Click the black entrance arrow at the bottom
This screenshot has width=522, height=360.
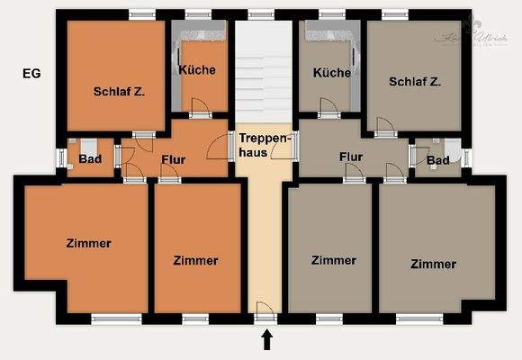point(265,339)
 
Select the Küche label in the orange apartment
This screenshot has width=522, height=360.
point(197,70)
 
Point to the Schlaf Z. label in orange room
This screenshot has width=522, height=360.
point(117,91)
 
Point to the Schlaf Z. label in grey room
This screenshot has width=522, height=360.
point(415,81)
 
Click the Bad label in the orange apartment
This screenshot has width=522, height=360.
point(90,159)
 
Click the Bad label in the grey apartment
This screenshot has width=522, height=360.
point(437,160)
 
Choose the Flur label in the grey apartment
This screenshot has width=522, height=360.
point(351,156)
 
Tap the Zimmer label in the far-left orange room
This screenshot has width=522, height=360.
point(88,243)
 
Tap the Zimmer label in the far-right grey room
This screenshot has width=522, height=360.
point(433,265)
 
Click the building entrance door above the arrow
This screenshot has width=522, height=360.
point(265,312)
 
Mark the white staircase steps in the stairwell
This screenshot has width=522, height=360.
point(264,72)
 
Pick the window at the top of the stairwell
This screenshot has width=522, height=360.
point(261,14)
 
